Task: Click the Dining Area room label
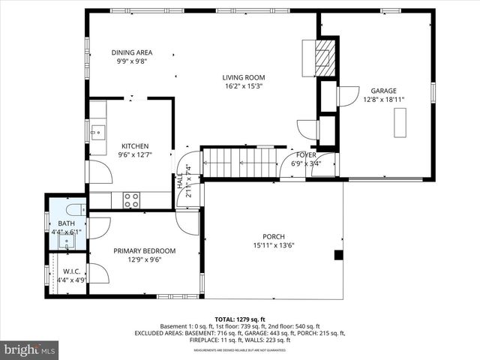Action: (133, 52)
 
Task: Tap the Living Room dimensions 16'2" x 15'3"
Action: (243, 86)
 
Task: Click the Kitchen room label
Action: (135, 146)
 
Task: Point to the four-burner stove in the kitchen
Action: (131, 200)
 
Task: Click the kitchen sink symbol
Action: (96, 132)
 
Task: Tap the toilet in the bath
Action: (72, 210)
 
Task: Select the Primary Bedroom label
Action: (144, 250)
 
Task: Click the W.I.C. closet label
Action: (72, 271)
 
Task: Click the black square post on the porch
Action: (338, 255)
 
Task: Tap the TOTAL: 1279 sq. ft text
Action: (240, 319)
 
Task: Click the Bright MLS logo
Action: (30, 349)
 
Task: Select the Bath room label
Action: (66, 223)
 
